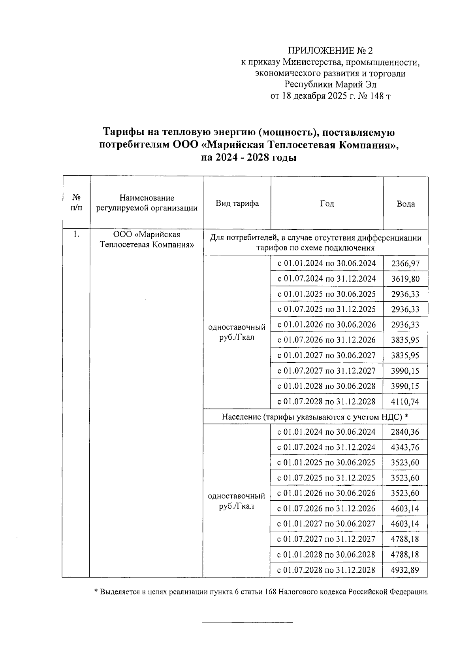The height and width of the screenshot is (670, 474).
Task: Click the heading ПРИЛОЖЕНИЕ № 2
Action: [x=330, y=51]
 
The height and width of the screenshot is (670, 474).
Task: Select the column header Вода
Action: [x=406, y=204]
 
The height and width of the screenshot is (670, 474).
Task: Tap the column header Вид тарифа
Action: [x=237, y=203]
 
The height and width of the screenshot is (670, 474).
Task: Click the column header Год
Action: [x=327, y=204]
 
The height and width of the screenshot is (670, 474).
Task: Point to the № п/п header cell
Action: [x=77, y=203]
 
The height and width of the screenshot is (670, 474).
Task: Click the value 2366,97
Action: [x=405, y=264]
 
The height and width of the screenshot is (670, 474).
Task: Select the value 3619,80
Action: [x=405, y=279]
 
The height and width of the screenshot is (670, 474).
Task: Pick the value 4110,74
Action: [x=405, y=402]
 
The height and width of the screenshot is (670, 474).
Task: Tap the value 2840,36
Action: [x=405, y=432]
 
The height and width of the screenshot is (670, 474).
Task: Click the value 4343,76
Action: [x=405, y=447]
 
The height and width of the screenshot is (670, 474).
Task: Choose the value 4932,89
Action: [x=405, y=570]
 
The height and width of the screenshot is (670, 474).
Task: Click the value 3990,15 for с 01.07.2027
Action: [x=405, y=371]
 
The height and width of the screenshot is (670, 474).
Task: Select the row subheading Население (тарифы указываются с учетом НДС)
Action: [x=314, y=417]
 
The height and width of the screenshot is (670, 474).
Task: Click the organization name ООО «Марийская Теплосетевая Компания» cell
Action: [x=147, y=240]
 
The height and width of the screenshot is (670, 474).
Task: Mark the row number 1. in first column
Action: [x=77, y=235]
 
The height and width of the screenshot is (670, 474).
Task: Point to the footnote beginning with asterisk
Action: [x=261, y=592]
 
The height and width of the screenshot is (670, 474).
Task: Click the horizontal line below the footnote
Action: [x=248, y=623]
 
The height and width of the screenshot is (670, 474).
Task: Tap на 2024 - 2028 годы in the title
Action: [x=248, y=157]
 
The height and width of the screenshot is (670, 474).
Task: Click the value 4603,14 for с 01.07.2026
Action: [x=405, y=509]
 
